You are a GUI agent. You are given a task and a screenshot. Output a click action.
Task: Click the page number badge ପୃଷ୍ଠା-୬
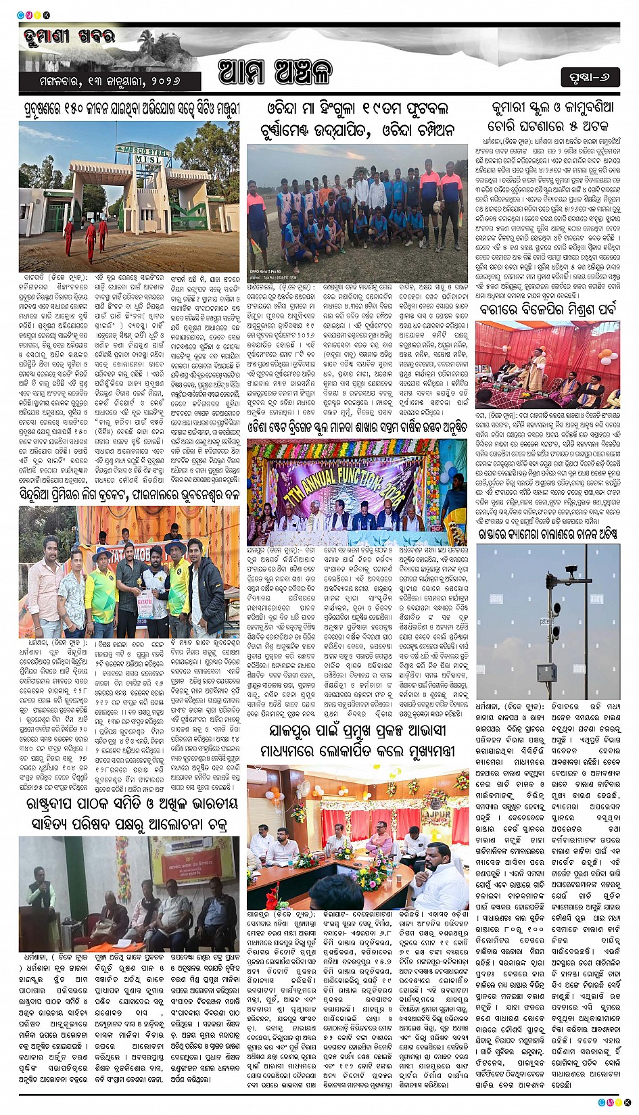click(x=590, y=77)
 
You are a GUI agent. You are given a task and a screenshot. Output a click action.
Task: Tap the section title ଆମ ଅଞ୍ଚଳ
click(x=275, y=72)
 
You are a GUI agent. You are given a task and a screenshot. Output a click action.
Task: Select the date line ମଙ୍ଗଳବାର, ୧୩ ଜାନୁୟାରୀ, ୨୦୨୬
click(x=110, y=81)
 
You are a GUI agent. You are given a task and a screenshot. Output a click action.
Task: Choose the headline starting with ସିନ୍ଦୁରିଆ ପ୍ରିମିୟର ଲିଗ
click(x=129, y=495)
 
